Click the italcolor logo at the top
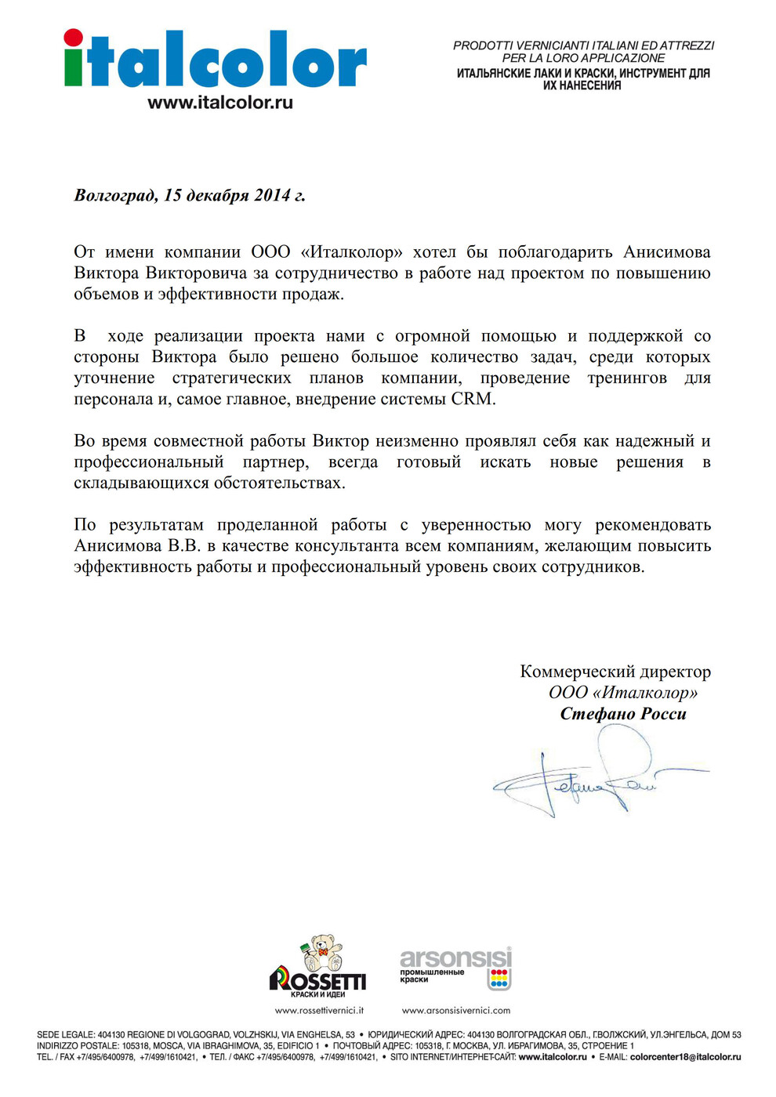pyautogui.click(x=215, y=61)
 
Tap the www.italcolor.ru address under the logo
pyautogui.click(x=220, y=103)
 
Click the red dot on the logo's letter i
pyautogui.click(x=74, y=39)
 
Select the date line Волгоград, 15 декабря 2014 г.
pyautogui.click(x=190, y=195)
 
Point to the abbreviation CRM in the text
pyautogui.click(x=472, y=399)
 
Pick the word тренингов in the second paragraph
pyautogui.click(x=627, y=378)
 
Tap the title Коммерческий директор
pyautogui.click(x=615, y=672)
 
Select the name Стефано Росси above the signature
pyautogui.click(x=623, y=714)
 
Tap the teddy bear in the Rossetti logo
pyautogui.click(x=323, y=954)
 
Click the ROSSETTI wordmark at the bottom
pyautogui.click(x=317, y=981)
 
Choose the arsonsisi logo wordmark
pyautogui.click(x=455, y=958)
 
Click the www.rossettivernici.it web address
pyautogui.click(x=319, y=1011)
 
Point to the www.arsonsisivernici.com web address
pyautogui.click(x=456, y=1011)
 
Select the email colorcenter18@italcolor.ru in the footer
pyautogui.click(x=685, y=1057)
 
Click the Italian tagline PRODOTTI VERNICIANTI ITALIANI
pyautogui.click(x=583, y=45)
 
